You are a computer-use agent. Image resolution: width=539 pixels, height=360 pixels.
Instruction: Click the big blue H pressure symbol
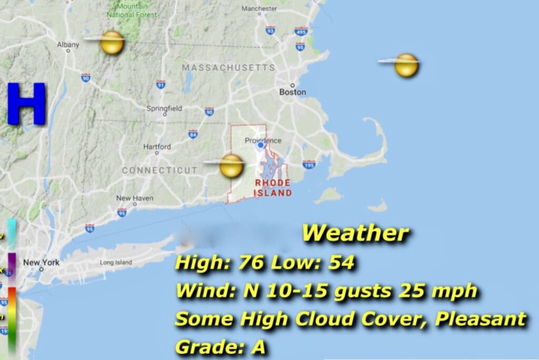point(27,103)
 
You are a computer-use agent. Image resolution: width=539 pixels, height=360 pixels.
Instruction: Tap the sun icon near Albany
point(112,43)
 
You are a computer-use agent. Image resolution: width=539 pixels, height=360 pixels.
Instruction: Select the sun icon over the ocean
point(406,65)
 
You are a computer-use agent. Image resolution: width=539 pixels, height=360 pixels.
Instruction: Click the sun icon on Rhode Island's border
point(231,166)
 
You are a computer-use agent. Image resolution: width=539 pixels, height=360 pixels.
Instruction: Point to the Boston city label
point(293,92)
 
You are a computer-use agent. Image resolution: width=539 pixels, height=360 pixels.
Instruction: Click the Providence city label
point(263,141)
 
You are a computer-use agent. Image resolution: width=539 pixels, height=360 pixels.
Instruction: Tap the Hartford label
point(157,147)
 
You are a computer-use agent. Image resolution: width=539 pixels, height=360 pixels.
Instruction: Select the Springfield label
point(164,108)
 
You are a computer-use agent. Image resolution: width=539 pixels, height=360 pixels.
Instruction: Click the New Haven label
point(131,198)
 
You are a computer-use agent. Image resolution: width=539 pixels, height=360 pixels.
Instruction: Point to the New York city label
point(41,263)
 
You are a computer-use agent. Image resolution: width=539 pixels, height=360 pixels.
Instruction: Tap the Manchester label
point(259,8)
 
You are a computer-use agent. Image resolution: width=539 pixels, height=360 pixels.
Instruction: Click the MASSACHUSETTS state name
point(228,68)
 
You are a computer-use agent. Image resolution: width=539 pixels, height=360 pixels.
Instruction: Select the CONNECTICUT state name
point(160,171)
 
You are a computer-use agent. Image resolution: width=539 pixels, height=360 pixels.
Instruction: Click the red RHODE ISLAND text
point(273,188)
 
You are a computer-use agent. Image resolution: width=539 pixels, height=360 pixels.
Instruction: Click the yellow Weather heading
point(355,233)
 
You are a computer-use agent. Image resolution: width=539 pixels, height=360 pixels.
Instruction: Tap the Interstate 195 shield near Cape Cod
point(309,165)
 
